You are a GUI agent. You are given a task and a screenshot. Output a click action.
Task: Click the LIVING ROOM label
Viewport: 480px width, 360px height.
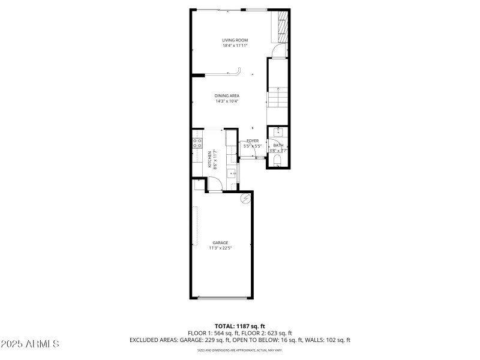(235, 40)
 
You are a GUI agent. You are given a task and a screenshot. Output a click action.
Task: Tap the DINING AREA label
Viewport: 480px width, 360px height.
(227, 95)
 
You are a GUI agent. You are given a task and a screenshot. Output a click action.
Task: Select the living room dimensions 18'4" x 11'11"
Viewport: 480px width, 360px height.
(235, 46)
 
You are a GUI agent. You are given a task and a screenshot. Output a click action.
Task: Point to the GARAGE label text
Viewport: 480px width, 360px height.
(220, 242)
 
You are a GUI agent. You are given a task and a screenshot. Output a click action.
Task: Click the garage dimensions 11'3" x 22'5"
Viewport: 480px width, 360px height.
(220, 248)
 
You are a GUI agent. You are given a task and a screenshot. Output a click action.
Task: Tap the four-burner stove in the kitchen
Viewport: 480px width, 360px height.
(197, 143)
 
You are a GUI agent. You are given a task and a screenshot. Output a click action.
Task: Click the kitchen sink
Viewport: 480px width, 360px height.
(232, 174)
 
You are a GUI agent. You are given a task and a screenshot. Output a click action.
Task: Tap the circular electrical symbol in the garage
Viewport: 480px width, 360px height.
(245, 198)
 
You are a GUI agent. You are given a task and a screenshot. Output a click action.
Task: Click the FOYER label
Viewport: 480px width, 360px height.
(252, 140)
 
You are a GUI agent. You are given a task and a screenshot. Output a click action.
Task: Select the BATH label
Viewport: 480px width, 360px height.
(278, 145)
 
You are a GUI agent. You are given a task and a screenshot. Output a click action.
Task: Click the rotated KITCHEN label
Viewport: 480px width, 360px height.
(210, 159)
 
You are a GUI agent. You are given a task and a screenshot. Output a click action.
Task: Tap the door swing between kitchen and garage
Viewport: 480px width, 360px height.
(214, 187)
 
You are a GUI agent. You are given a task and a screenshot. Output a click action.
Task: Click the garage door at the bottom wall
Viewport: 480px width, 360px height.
(221, 298)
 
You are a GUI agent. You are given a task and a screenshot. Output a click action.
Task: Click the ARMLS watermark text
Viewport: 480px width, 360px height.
(30, 344)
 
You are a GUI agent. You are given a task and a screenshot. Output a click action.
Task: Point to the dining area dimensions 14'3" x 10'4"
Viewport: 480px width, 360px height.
(227, 101)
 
